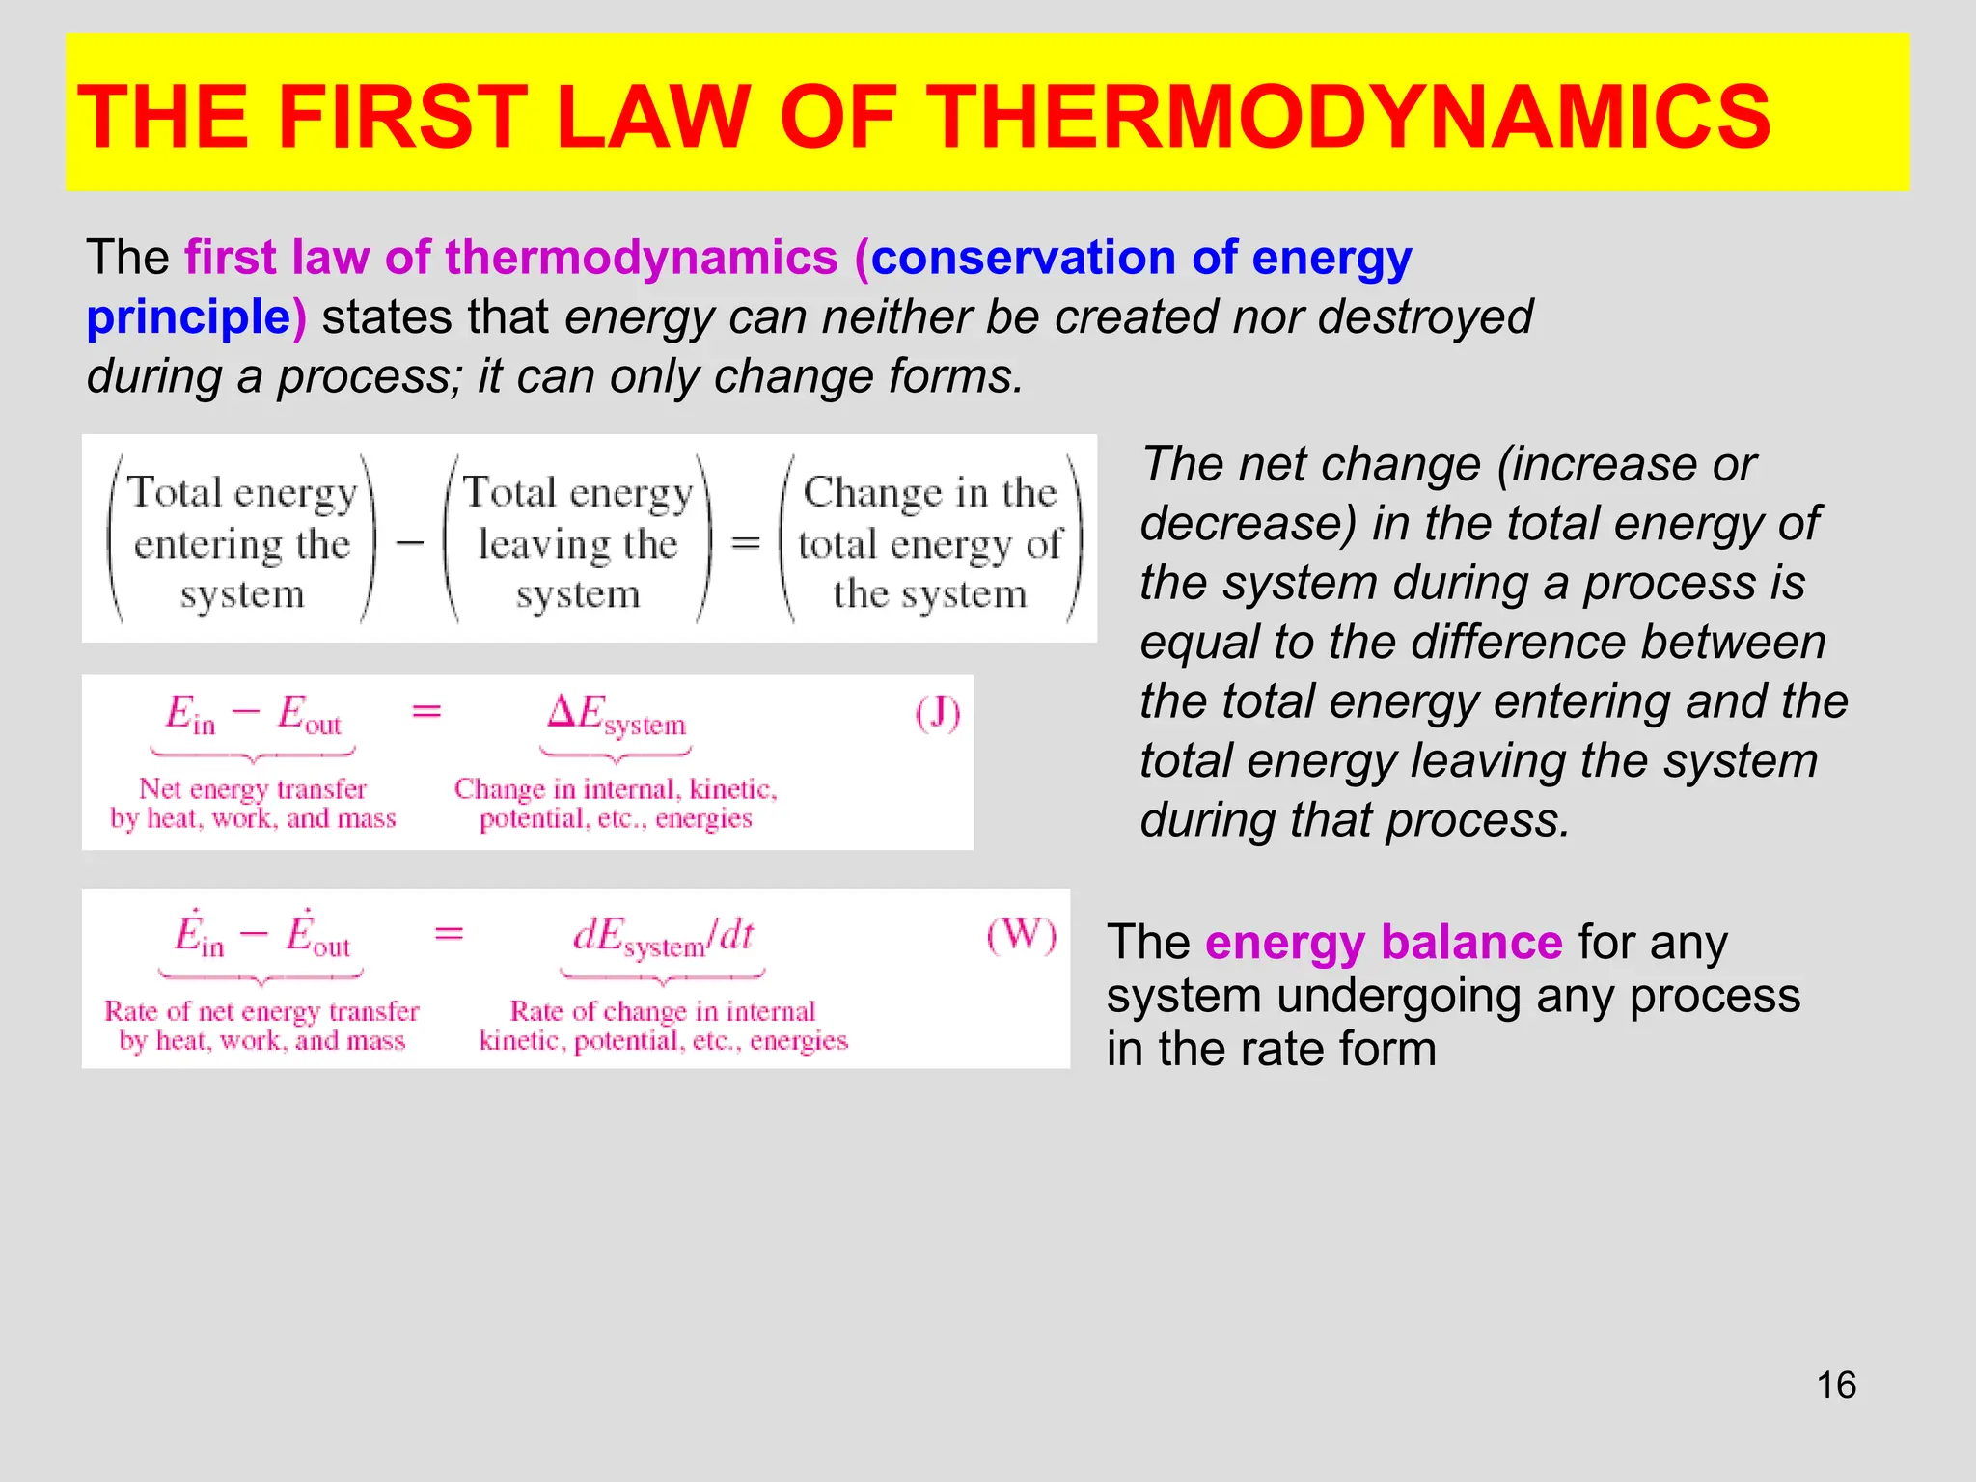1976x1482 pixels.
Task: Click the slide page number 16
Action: click(x=1836, y=1386)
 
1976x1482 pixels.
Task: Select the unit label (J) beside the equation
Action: click(x=938, y=715)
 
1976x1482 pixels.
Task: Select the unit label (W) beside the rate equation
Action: click(x=1022, y=935)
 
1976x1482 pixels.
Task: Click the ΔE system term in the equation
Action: click(x=617, y=715)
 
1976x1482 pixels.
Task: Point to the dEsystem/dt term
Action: click(x=664, y=936)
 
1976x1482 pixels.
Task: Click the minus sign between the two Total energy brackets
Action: click(x=410, y=543)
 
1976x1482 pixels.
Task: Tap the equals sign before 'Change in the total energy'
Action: click(x=746, y=543)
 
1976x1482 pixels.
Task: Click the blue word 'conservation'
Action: click(x=1023, y=258)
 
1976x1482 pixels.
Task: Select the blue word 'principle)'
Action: click(x=196, y=317)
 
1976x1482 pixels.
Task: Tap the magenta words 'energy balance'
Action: click(x=1383, y=942)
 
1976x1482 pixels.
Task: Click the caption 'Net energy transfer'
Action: click(x=253, y=789)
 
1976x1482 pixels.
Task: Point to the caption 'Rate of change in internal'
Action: click(x=663, y=1011)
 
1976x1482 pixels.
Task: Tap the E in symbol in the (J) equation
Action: click(x=189, y=715)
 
